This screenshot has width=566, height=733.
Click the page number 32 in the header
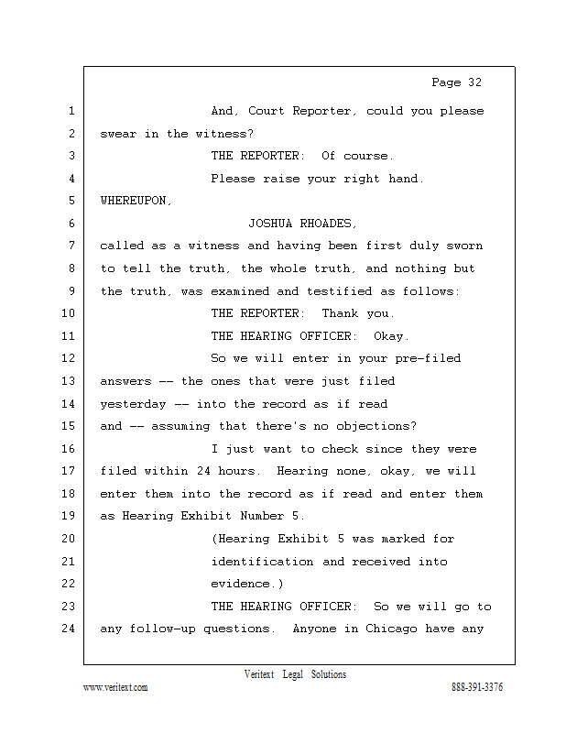click(473, 82)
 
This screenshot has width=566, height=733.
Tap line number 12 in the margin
click(71, 358)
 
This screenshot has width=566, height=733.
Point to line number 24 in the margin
click(71, 629)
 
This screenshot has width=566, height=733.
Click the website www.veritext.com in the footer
click(115, 688)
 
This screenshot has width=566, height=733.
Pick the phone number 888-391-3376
click(477, 688)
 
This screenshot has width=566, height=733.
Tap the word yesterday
click(134, 404)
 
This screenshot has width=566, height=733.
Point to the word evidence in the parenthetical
click(244, 584)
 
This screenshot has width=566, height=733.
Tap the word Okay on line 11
click(391, 336)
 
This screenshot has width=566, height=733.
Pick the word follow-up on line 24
click(167, 629)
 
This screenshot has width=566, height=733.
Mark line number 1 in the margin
click(71, 112)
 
